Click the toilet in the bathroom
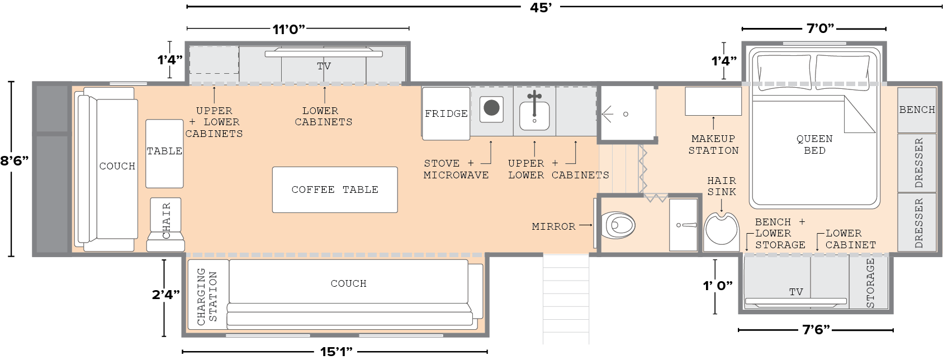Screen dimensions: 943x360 click(618, 225)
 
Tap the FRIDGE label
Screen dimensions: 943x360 click(446, 113)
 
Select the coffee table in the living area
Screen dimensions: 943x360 click(335, 190)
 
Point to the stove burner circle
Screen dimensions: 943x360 click(491, 108)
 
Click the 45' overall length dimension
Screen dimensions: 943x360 click(541, 7)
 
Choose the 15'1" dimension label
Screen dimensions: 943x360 click(335, 352)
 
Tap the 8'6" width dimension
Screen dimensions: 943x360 click(15, 161)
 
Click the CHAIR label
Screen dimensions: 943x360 click(166, 221)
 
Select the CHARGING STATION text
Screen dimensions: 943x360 click(207, 296)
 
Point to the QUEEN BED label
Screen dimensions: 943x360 click(814, 144)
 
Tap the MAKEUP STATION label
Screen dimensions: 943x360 click(713, 144)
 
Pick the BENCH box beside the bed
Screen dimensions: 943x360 click(917, 110)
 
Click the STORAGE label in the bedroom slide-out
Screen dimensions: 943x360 click(870, 283)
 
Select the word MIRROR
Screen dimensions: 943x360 click(553, 226)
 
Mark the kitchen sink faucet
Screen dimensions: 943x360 click(534, 103)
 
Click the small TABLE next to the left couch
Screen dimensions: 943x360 click(164, 154)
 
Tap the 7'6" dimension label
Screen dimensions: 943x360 click(816, 330)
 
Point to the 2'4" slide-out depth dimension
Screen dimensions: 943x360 click(166, 295)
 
